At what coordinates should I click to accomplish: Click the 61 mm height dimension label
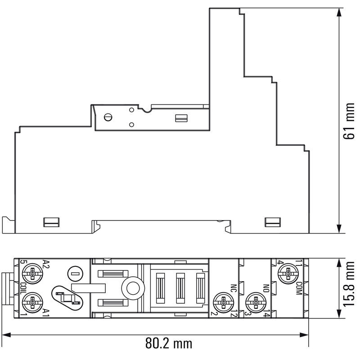point(349,121)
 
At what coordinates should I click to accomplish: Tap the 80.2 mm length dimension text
point(169,343)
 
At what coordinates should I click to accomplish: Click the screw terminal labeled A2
point(32,274)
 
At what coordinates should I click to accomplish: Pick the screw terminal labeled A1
point(32,302)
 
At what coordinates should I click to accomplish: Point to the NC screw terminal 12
point(223,302)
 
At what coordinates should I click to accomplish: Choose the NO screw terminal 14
point(256,302)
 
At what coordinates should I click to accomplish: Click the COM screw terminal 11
point(288,274)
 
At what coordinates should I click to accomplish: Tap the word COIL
point(24,288)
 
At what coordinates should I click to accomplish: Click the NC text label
point(234,288)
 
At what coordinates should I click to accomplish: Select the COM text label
point(299,288)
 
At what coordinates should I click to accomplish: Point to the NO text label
point(266,288)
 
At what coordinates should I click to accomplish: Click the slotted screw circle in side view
point(108,117)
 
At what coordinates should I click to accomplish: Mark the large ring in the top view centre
point(133,288)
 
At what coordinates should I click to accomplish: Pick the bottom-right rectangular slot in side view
point(273,222)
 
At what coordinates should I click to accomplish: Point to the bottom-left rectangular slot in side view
point(51,222)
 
